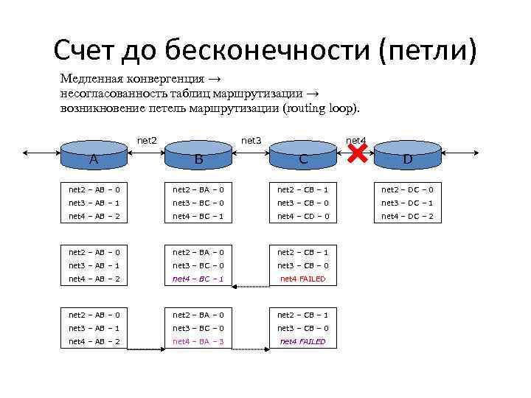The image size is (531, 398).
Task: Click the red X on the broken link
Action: click(x=357, y=153)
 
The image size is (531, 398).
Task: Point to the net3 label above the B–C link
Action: click(x=251, y=139)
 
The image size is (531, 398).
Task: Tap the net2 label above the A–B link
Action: click(x=147, y=139)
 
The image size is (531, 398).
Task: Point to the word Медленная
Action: click(x=91, y=79)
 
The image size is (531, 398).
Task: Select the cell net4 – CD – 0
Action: click(x=303, y=216)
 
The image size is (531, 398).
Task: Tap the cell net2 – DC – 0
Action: click(x=407, y=189)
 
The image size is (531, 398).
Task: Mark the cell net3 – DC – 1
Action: click(x=407, y=203)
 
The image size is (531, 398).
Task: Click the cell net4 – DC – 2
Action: click(x=407, y=216)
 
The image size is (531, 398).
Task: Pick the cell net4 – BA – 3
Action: click(x=198, y=341)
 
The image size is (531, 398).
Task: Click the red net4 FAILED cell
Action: click(x=303, y=279)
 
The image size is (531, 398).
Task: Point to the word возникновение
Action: click(x=100, y=108)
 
